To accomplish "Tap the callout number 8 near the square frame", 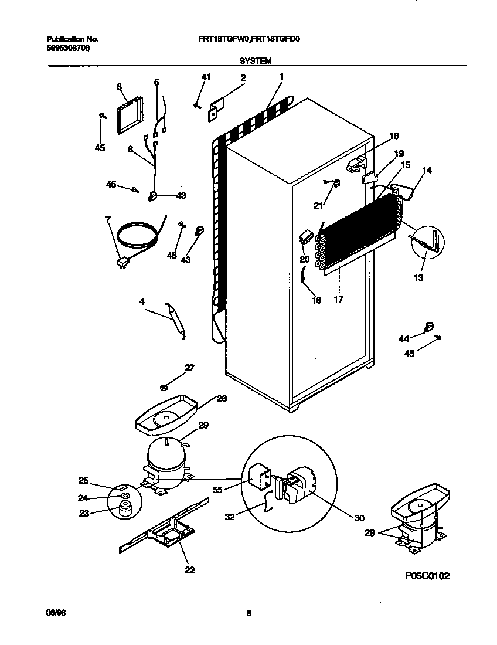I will (119, 86).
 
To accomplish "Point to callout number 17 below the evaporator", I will (338, 299).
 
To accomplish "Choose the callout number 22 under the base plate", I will (189, 569).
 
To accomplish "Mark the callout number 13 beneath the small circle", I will (418, 277).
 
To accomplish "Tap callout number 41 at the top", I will (205, 77).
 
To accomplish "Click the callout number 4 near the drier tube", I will (142, 301).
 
